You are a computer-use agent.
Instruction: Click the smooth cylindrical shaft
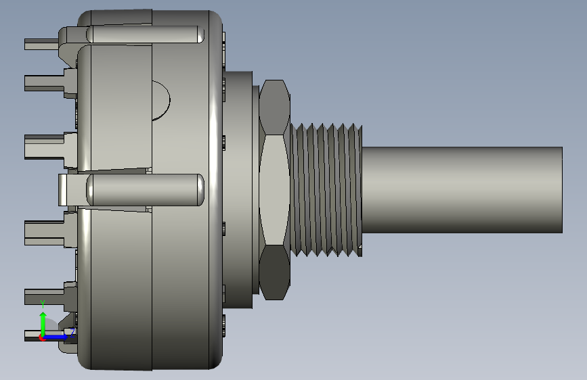point(462,190)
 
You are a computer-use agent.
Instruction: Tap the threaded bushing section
point(326,190)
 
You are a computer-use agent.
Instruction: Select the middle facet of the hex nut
point(274,190)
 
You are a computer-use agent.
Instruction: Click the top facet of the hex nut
point(274,108)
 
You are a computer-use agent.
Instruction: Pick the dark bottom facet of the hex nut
point(274,272)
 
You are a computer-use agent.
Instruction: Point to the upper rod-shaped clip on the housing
point(146,34)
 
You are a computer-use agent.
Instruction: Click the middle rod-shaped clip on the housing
point(146,189)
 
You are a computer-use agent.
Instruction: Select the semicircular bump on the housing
point(160,100)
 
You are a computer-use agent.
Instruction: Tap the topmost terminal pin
point(41,44)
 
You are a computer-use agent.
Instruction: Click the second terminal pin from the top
point(45,83)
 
